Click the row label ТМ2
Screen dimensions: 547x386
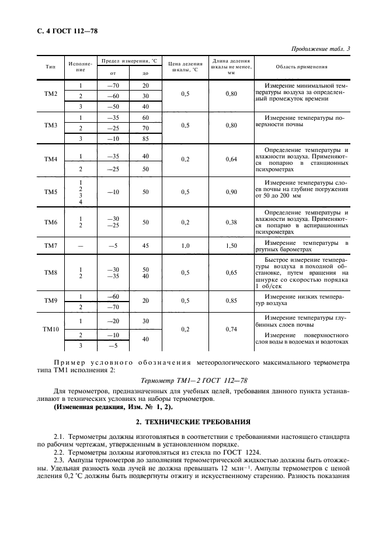point(51,95)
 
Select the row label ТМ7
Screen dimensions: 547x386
point(51,246)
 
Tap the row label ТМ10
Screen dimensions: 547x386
point(51,329)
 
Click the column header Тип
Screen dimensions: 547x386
point(51,66)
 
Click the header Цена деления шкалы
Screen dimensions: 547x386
point(185,66)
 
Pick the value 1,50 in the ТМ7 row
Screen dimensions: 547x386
point(231,246)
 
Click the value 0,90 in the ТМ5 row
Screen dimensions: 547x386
point(231,192)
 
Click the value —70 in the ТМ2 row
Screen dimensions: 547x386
point(113,85)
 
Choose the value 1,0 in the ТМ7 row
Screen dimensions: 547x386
point(185,246)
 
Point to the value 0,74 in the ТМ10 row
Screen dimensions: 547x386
point(231,329)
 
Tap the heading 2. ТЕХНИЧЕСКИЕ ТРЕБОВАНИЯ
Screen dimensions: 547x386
point(193,421)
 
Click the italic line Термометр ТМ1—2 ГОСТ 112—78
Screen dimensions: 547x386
point(193,380)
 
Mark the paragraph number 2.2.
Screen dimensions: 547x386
point(61,451)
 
